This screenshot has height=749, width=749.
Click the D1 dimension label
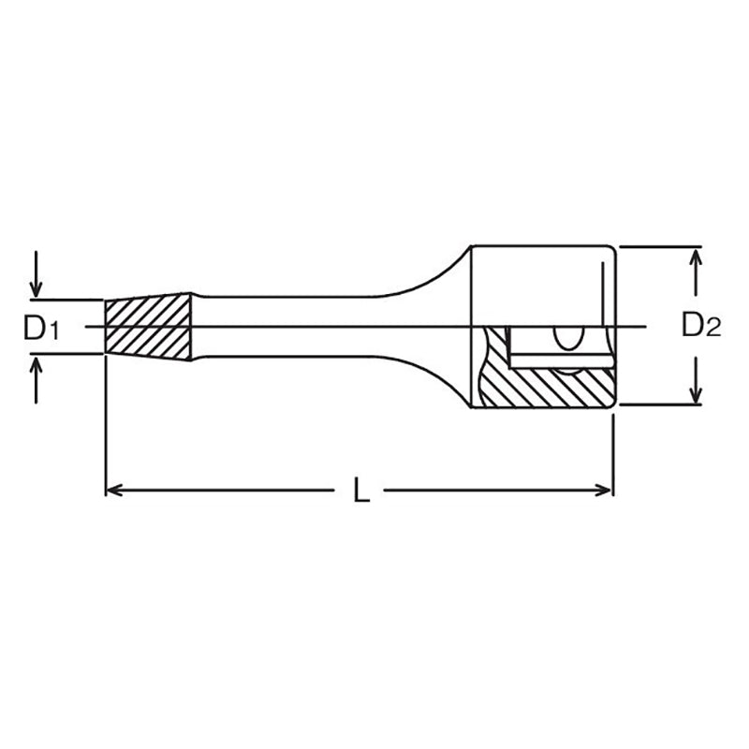pyautogui.click(x=42, y=328)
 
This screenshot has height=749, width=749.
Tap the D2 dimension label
pyautogui.click(x=701, y=326)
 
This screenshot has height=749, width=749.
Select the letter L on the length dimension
pyautogui.click(x=360, y=491)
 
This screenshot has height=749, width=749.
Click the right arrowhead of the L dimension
pyautogui.click(x=605, y=489)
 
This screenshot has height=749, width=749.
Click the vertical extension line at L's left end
pyautogui.click(x=104, y=421)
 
